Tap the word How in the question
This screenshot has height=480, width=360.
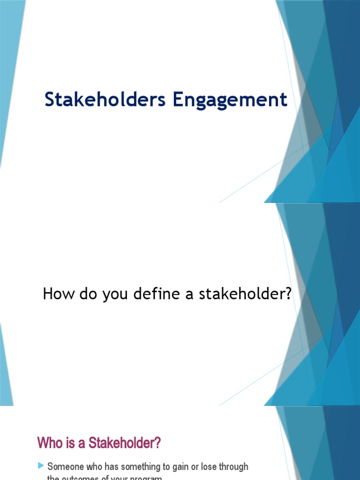coord(55,294)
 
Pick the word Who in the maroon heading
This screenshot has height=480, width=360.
coord(48,443)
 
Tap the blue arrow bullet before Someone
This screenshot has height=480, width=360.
coord(41,466)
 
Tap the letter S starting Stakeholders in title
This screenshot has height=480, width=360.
coord(50,100)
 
